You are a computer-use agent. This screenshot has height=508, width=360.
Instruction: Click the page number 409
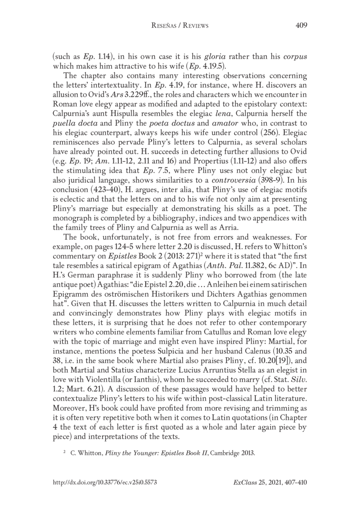(301, 26)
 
